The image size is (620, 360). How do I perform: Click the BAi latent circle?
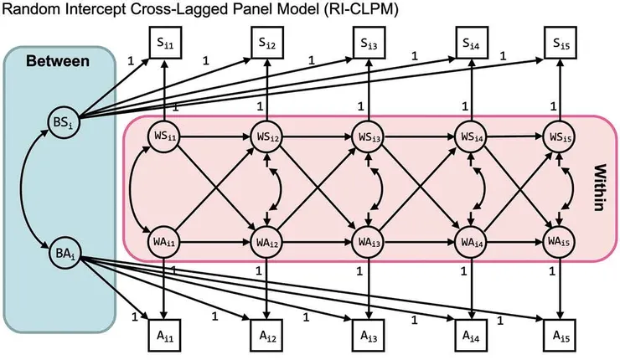63,248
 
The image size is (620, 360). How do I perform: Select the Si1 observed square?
165,41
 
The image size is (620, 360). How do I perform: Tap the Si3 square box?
365,41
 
